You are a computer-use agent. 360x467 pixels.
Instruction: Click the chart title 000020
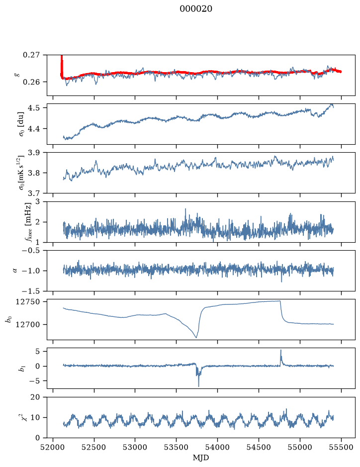[x=195, y=9]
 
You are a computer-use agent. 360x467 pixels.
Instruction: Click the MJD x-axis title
[x=201, y=458]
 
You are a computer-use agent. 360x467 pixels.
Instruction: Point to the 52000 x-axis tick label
[x=53, y=447]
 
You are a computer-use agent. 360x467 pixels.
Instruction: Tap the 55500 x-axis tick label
[x=341, y=447]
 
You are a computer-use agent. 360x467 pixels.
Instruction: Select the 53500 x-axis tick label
[x=177, y=447]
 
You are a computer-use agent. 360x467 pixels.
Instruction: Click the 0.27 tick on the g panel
[x=31, y=55]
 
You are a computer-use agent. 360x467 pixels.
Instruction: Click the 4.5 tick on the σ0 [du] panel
[x=34, y=107]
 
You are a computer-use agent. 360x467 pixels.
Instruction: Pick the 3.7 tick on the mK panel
[x=34, y=193]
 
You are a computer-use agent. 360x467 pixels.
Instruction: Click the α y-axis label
[x=15, y=271]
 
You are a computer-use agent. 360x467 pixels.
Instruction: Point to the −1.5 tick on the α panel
[x=31, y=291]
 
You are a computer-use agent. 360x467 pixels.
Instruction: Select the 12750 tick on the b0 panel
[x=27, y=302]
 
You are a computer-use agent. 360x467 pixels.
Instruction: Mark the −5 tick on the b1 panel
[x=34, y=381]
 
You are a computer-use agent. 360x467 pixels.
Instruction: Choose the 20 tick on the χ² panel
[x=35, y=397]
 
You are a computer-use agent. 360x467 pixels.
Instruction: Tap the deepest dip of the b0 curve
[x=196, y=337]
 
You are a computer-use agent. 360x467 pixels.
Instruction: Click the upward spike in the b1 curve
[x=280, y=350]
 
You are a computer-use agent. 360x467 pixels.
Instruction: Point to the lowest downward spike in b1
[x=198, y=386]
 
